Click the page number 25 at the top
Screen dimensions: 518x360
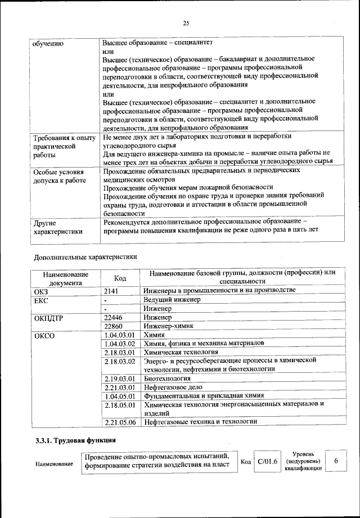tap(186, 23)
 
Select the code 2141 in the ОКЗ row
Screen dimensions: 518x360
tap(113, 290)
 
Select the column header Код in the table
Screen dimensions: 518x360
tap(120, 277)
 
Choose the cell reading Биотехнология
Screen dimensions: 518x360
tap(168, 379)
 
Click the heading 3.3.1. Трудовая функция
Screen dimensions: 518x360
tap(75, 440)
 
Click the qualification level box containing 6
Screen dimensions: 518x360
tap(336, 461)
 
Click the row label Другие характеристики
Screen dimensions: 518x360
tap(58, 227)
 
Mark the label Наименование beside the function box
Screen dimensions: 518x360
tap(54, 464)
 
